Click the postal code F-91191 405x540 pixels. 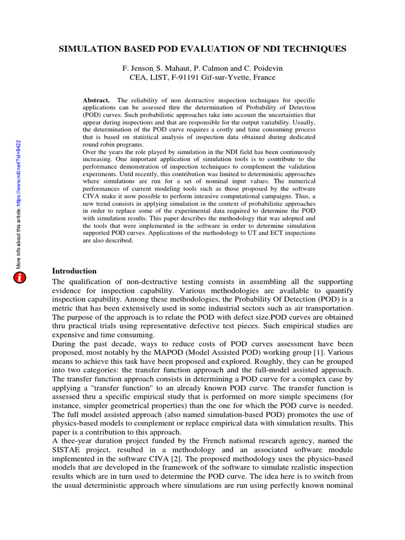(178, 78)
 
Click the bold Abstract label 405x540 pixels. (97, 100)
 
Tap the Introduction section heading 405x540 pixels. (74, 271)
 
